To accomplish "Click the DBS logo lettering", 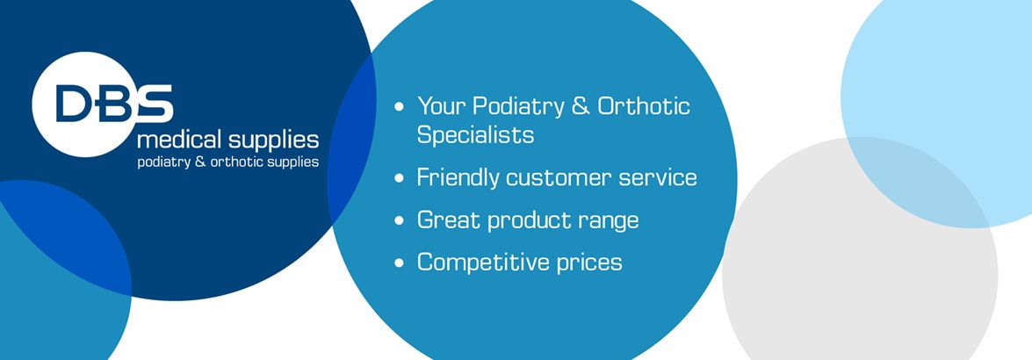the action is [x=114, y=104].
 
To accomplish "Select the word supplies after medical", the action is [x=274, y=141].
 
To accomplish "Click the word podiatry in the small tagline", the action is [x=164, y=162].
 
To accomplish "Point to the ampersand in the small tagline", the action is [x=200, y=162].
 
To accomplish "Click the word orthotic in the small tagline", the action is [x=235, y=162].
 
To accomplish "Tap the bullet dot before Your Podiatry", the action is [x=399, y=105].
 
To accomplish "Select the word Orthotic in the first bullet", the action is [x=644, y=105].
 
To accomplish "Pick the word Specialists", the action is [x=475, y=135].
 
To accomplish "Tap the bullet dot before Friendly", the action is [x=399, y=178].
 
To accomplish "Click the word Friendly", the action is [x=458, y=178].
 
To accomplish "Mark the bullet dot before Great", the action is [x=399, y=220].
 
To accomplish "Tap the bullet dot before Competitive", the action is [x=399, y=263].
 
